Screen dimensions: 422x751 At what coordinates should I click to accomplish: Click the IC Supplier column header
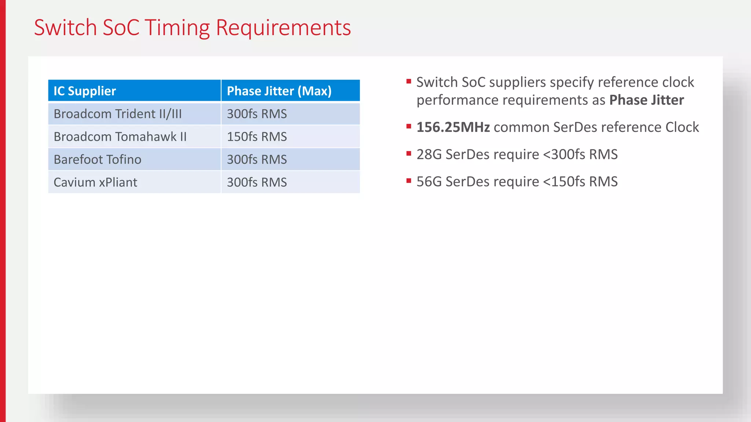click(x=85, y=91)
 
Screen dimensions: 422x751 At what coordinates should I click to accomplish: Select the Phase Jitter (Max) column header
click(x=279, y=91)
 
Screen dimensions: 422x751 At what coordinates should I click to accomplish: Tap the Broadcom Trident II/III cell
click(x=118, y=114)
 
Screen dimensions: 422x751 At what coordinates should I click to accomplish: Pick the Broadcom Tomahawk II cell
click(x=120, y=137)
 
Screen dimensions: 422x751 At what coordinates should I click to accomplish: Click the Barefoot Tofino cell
click(x=97, y=159)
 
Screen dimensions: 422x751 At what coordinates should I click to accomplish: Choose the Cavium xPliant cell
click(x=95, y=182)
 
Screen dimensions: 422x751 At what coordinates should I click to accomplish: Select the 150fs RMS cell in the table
click(x=257, y=137)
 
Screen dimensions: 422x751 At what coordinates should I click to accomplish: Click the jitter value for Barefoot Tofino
click(x=257, y=159)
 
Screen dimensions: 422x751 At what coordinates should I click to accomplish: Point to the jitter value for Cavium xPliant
click(x=257, y=182)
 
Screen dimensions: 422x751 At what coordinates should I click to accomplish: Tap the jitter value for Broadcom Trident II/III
click(x=257, y=114)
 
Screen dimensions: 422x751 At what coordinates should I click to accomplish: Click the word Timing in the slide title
click(x=177, y=27)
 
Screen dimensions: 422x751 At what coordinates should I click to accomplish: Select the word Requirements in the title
click(x=283, y=27)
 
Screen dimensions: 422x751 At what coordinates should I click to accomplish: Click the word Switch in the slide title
click(x=65, y=27)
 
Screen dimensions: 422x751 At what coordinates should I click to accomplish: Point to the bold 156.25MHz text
click(x=453, y=127)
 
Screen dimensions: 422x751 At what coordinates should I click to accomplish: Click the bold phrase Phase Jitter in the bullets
click(x=646, y=100)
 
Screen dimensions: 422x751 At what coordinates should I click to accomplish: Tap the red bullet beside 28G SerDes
click(x=409, y=153)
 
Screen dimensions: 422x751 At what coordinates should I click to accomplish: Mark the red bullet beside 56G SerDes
click(x=409, y=181)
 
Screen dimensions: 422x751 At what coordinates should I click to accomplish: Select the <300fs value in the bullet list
click(x=564, y=154)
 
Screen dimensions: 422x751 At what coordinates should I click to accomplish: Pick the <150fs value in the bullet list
click(x=564, y=181)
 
